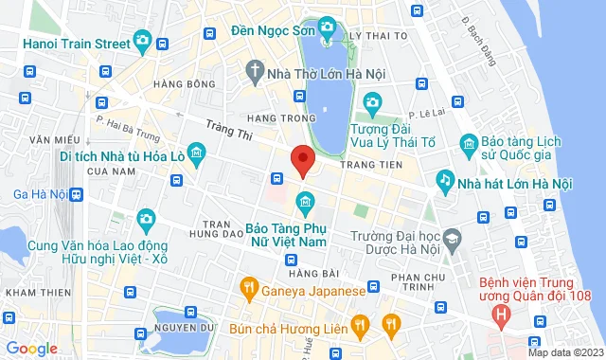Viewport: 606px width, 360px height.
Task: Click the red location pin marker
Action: coord(301,161)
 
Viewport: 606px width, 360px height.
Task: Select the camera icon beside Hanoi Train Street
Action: coord(142,40)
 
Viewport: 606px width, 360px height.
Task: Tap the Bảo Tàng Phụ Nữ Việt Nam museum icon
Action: coord(305,201)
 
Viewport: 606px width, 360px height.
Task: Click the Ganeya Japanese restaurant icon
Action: coord(248,285)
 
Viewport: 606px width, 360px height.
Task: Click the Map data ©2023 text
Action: coord(564,352)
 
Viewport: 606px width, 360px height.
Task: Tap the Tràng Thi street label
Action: coord(230,135)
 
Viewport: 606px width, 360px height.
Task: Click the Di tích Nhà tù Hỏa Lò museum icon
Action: coord(195,153)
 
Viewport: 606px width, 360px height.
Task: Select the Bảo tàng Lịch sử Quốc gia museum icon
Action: coord(468,143)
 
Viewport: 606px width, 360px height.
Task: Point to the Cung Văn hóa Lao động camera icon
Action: coord(145,220)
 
